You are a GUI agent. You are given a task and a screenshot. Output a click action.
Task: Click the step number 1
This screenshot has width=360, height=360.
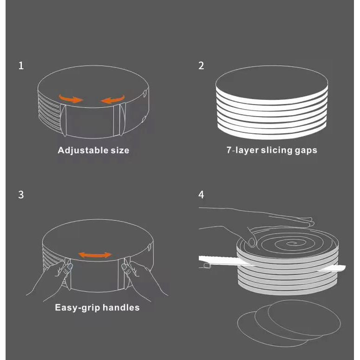coord(21,65)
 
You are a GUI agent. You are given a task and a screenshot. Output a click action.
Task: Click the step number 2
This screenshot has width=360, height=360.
coord(201,65)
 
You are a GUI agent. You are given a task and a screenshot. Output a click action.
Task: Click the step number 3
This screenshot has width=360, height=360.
coord(21,195)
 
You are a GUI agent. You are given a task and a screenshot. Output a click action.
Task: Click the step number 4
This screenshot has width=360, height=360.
coord(201,195)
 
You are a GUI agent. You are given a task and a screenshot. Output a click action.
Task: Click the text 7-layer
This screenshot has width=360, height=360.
coord(241,151)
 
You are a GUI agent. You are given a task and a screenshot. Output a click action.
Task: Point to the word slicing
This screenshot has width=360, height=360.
coord(278,151)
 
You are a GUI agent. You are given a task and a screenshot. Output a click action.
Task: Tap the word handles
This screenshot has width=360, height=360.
coord(121,308)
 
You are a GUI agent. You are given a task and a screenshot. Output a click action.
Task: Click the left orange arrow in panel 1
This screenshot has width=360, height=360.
coord(71,98)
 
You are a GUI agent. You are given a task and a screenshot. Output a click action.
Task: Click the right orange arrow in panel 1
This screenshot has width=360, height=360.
coord(113,98)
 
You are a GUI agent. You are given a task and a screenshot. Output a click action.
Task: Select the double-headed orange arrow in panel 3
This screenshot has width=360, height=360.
coord(95,255)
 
